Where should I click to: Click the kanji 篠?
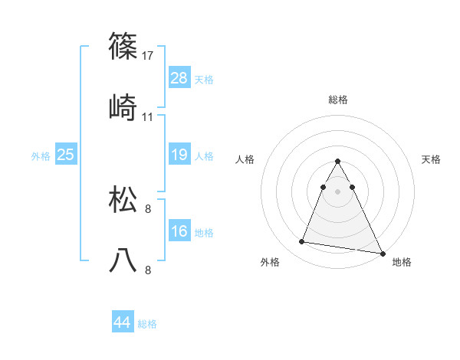[123, 47]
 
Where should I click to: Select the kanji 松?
[123, 200]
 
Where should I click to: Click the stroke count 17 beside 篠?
[148, 56]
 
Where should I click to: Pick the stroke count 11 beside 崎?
[148, 117]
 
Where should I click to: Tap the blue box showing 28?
[179, 78]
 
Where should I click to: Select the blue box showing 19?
[179, 155]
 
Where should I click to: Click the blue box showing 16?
[179, 231]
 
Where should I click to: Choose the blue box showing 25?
[66, 155]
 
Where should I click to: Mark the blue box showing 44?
[122, 322]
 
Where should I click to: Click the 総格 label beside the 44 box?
[147, 324]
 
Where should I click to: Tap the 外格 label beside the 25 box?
[41, 156]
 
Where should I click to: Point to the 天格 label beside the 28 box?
[204, 80]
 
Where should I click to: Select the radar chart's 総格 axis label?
[338, 100]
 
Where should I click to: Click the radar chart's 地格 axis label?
[402, 262]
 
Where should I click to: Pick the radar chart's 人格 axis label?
[245, 159]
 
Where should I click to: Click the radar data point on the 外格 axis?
[301, 242]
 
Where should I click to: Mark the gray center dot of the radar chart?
[338, 191]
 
